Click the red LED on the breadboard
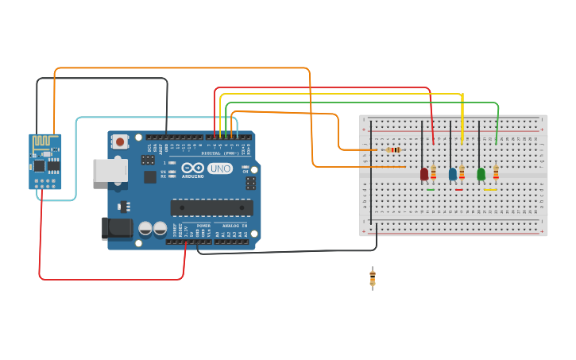(424, 173)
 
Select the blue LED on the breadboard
(453, 173)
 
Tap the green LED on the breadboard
(481, 173)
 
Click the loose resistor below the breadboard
(372, 278)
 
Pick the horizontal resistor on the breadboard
(393, 149)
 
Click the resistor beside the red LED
(433, 172)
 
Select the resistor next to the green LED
(496, 172)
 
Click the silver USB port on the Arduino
(109, 170)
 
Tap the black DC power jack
(118, 229)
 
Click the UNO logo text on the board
(219, 168)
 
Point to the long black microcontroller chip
(211, 207)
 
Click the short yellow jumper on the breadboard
(490, 190)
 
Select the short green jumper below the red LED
(430, 190)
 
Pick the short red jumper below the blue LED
(458, 190)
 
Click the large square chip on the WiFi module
(39, 166)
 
